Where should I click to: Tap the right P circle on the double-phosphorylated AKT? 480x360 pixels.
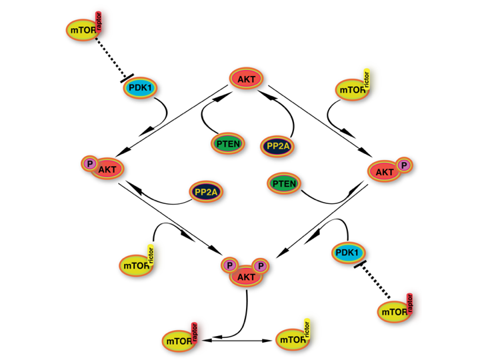(261, 266)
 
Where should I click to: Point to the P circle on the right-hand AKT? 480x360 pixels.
(403, 165)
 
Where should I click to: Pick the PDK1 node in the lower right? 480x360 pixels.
(348, 253)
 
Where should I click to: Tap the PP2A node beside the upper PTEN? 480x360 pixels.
(279, 145)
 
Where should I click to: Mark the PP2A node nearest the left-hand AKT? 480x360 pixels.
(206, 192)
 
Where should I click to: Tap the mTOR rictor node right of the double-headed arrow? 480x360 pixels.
(294, 340)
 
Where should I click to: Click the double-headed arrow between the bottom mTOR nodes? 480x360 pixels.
(237, 341)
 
